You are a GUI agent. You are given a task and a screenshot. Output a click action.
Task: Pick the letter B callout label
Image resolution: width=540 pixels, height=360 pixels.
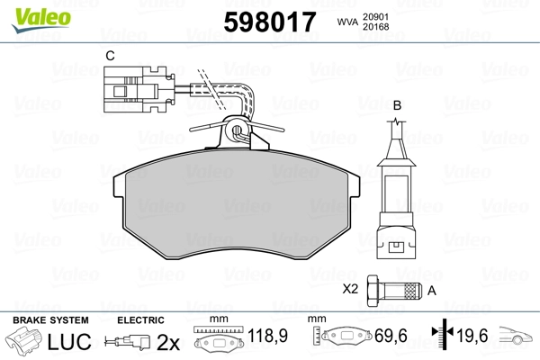(397, 105)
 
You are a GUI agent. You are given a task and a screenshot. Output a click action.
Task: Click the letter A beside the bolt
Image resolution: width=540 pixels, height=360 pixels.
(431, 291)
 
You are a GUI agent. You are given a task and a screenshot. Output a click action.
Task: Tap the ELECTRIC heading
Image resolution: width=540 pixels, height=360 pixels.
(140, 319)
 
